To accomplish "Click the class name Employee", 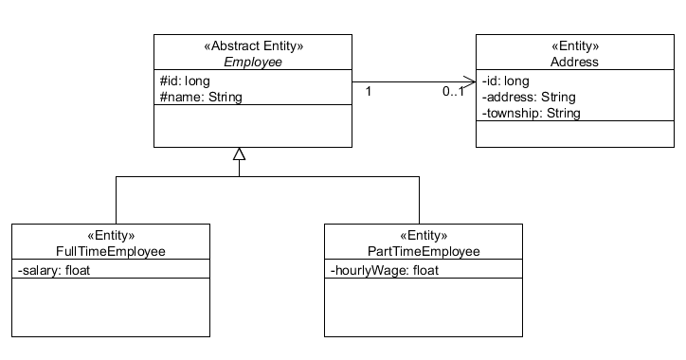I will click(252, 62).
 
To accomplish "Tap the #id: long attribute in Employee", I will click(185, 81).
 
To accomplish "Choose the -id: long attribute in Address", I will click(506, 81).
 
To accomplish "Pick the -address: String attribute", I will click(528, 97).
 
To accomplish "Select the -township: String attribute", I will click(531, 113).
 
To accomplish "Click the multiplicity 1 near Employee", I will click(369, 91).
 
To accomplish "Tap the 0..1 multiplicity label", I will click(454, 92).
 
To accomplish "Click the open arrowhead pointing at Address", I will click(469, 81).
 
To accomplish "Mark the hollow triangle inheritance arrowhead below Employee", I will click(240, 154).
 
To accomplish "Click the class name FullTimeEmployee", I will click(111, 252).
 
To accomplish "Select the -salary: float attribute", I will click(53, 270).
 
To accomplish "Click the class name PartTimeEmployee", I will click(423, 252).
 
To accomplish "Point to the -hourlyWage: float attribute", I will click(385, 270).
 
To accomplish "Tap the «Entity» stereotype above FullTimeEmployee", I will click(111, 236).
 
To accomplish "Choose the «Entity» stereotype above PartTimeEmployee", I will click(423, 236).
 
